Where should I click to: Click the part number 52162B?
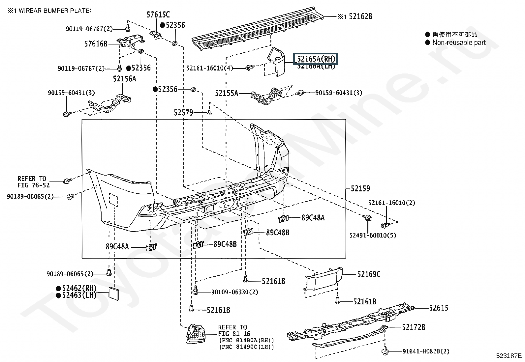pyautogui.click(x=360, y=16)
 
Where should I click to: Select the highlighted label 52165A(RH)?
pyautogui.click(x=316, y=59)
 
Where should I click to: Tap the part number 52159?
pyautogui.click(x=360, y=189)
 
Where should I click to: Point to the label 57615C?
pyautogui.click(x=158, y=14)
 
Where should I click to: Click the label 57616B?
pyautogui.click(x=96, y=43)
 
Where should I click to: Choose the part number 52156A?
pyautogui.click(x=124, y=79)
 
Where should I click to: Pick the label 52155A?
pyautogui.click(x=226, y=94)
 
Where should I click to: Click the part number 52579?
pyautogui.click(x=183, y=113)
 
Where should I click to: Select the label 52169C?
pyautogui.click(x=369, y=274)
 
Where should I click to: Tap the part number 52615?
pyautogui.click(x=439, y=308)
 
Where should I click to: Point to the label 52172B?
pyautogui.click(x=414, y=327)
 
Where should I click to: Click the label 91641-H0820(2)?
pyautogui.click(x=426, y=351)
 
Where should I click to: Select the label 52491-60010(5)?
pyautogui.click(x=373, y=235)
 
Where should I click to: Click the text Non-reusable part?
pyautogui.click(x=459, y=42)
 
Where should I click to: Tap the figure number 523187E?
pyautogui.click(x=509, y=356)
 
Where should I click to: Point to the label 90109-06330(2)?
pyautogui.click(x=234, y=292)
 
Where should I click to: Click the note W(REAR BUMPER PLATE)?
pyautogui.click(x=53, y=11)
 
